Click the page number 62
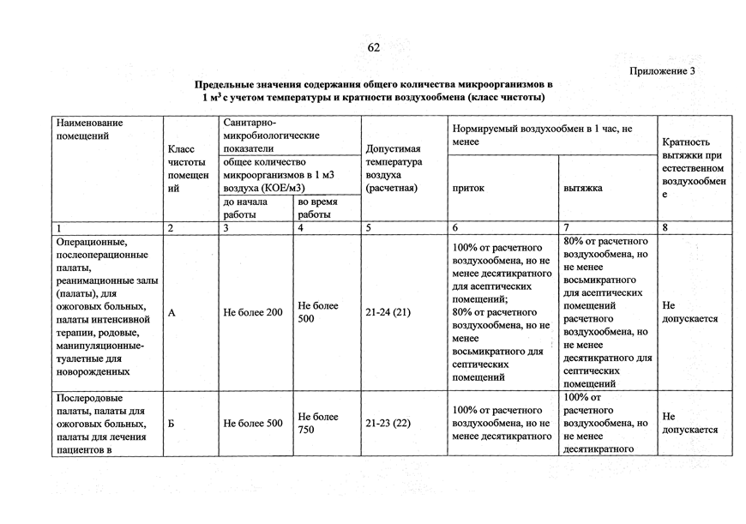(373, 47)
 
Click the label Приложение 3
(662, 71)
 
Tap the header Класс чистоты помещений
(188, 169)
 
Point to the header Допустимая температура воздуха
(393, 168)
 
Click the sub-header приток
(468, 187)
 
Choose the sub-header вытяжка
(583, 187)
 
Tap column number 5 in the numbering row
(368, 228)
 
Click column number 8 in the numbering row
(665, 228)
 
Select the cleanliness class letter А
(172, 313)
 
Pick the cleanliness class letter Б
(171, 424)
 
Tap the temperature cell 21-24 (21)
(388, 313)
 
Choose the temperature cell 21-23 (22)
(388, 424)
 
